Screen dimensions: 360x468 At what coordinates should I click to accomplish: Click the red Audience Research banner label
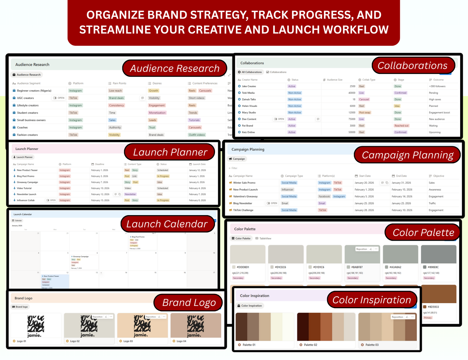click(x=175, y=68)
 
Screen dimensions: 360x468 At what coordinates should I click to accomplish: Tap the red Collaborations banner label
click(x=412, y=65)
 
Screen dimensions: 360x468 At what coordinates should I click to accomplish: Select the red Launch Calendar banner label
click(x=167, y=224)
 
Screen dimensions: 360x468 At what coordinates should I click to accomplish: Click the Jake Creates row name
click(x=249, y=86)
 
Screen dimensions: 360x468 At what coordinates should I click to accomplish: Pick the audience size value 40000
click(x=351, y=93)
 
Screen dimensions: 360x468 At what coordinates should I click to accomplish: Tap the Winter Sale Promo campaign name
click(x=244, y=183)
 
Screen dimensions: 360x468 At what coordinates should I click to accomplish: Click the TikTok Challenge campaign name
click(x=243, y=210)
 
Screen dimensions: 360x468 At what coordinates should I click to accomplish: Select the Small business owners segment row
click(x=31, y=120)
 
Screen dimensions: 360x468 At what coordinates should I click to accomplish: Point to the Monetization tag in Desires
click(x=157, y=113)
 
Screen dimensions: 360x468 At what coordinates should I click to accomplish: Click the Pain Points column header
click(x=119, y=83)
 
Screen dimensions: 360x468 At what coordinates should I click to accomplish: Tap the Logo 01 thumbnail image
click(x=36, y=326)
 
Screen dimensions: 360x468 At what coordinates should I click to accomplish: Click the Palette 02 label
click(x=310, y=345)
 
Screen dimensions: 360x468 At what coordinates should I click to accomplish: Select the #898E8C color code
click(x=433, y=267)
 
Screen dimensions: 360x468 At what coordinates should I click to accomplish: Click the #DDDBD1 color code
click(x=243, y=267)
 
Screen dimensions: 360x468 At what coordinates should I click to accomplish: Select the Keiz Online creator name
click(x=248, y=132)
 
